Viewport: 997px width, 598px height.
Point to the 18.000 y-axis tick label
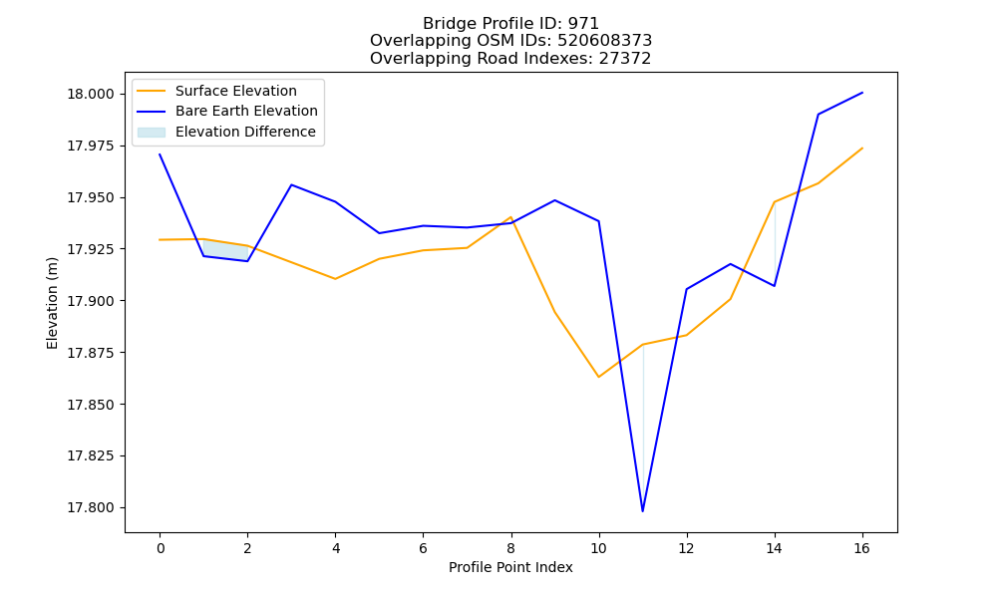91,94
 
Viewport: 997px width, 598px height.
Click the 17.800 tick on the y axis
91,507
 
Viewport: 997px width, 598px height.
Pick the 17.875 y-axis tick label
91,353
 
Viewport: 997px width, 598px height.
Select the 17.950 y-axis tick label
91,197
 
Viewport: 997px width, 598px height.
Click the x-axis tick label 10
599,548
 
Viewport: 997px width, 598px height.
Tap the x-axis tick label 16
861,548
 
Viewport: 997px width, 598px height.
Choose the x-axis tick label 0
161,548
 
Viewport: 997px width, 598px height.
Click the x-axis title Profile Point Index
510,567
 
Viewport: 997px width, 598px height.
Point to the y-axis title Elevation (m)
52,303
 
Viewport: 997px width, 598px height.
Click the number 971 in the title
583,24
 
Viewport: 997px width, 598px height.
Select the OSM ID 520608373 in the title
605,41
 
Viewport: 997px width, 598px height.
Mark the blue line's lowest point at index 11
643,511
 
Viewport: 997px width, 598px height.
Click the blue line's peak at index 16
862,93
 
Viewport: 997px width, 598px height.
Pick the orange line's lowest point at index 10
599,377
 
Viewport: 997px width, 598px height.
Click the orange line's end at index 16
862,149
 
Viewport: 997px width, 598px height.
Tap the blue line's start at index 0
160,153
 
